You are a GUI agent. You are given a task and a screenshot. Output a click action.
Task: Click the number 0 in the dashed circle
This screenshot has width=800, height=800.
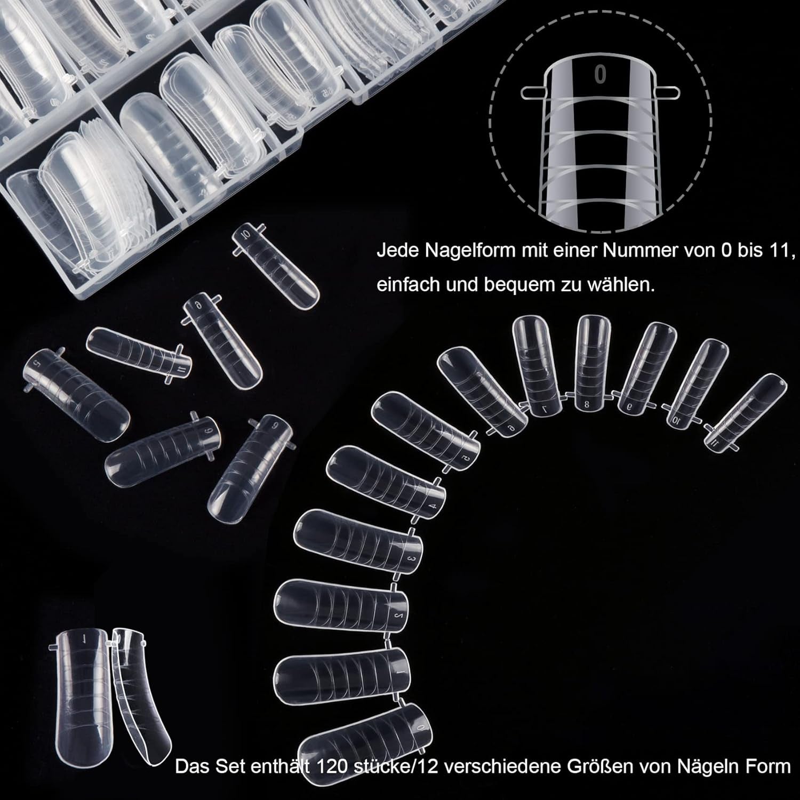[x=601, y=75]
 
